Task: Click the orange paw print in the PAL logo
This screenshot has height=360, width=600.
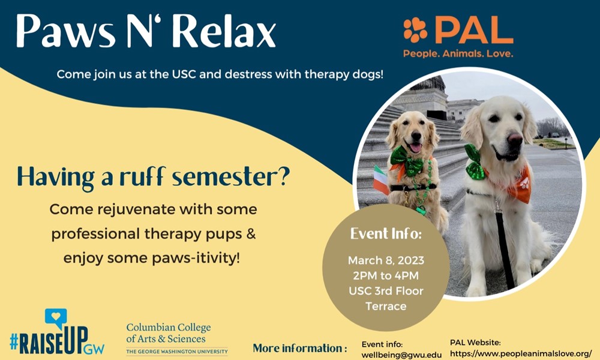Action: [x=415, y=30]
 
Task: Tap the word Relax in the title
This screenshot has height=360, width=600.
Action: [x=224, y=31]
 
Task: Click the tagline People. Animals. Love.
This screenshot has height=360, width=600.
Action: [x=458, y=53]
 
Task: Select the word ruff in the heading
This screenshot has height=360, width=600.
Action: [x=142, y=176]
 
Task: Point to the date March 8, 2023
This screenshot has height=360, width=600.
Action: [x=386, y=260]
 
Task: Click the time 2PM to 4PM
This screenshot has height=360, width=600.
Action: [x=386, y=275]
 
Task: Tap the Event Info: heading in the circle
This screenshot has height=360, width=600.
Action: [x=386, y=233]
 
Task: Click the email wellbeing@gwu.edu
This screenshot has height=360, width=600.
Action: [x=401, y=355]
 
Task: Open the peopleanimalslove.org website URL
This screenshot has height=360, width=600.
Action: [x=521, y=353]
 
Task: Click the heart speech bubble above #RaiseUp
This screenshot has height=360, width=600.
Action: [x=56, y=317]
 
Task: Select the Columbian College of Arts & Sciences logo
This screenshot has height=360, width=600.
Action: [x=177, y=339]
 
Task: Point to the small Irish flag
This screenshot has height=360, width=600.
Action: [x=381, y=179]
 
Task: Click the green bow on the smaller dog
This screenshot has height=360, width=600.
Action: [x=407, y=160]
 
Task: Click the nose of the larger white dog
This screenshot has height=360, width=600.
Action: [x=514, y=138]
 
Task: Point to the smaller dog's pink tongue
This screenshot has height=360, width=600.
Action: [x=415, y=148]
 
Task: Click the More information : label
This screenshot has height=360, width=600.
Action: [x=300, y=348]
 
